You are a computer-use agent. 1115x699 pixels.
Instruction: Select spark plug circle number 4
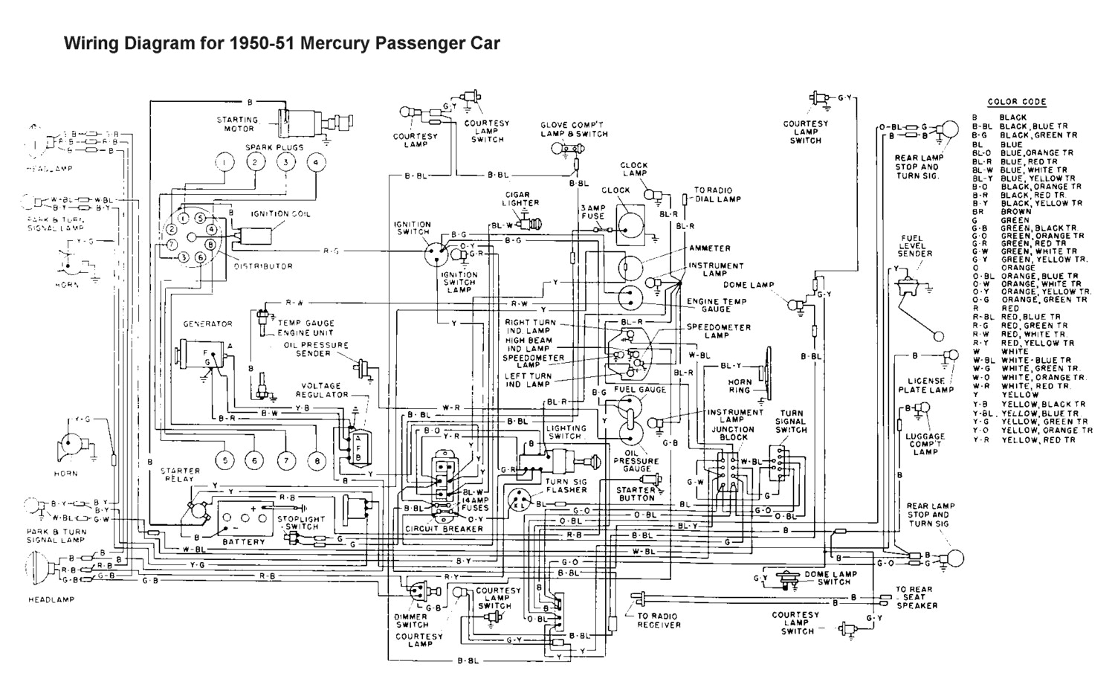(316, 163)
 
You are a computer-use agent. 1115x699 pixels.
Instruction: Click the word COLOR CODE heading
(1016, 102)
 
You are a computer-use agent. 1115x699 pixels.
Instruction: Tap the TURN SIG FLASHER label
(566, 486)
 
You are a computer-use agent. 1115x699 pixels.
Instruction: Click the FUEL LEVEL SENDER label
(916, 246)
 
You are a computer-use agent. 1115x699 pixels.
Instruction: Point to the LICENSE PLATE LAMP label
(925, 385)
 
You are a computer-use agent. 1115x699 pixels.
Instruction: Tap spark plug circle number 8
(316, 461)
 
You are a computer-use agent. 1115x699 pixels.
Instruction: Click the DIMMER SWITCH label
(411, 620)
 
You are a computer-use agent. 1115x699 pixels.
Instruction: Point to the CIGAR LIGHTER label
(520, 199)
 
